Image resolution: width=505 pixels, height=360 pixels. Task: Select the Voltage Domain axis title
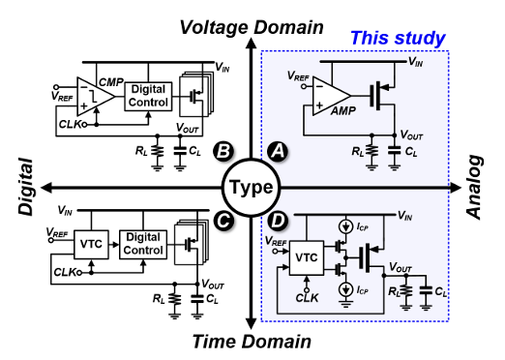point(252,27)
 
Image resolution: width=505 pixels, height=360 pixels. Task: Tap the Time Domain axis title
point(252,342)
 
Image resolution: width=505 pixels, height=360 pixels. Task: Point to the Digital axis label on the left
point(26,187)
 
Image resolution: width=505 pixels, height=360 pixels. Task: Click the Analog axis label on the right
point(475,188)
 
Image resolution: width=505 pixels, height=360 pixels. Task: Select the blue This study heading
point(398,38)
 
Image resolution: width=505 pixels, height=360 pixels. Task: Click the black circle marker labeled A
point(278,151)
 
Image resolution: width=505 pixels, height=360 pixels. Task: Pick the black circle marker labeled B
point(223,151)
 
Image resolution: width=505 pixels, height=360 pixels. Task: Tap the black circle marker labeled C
point(223,221)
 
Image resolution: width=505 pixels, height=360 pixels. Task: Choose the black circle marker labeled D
point(278,221)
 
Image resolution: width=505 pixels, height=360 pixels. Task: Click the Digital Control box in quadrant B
point(148,97)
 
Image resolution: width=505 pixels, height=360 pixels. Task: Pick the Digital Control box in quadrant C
point(143,245)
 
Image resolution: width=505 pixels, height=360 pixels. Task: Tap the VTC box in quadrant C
point(91,245)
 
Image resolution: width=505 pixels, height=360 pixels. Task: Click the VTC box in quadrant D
point(307,257)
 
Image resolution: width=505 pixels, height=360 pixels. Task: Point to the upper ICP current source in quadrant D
point(345,226)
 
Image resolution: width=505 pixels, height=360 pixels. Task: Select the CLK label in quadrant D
point(307,298)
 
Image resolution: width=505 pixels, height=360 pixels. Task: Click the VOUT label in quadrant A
point(411,135)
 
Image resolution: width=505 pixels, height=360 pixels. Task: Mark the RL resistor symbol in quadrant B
point(158,152)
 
